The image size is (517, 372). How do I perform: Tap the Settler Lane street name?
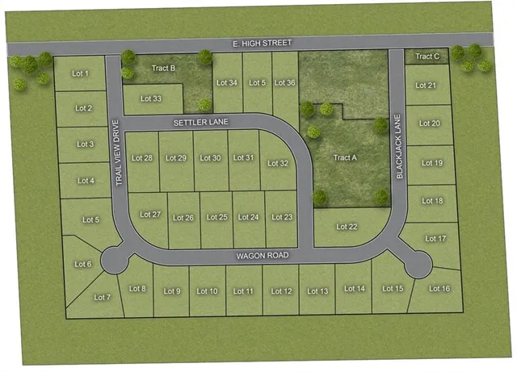coord(201,122)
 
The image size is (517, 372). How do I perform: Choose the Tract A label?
coord(345,158)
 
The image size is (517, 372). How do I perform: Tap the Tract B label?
coord(164,68)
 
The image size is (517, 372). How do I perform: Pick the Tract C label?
coord(427,56)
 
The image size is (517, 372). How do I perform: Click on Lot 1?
coord(81,74)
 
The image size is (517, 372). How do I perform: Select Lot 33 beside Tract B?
coord(151,98)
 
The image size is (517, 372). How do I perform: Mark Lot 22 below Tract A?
coord(347,227)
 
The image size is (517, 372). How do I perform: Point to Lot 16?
coord(439,288)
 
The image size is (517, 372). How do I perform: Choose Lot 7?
coord(102,297)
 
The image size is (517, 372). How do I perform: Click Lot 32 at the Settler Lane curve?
coord(278,163)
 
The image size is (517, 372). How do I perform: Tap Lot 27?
coord(150,215)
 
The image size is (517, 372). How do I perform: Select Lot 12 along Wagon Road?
coord(281,290)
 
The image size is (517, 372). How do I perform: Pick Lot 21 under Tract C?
coord(426,86)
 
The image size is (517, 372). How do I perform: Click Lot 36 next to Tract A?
coord(285,82)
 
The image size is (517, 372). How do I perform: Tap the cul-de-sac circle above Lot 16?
coord(418,263)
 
